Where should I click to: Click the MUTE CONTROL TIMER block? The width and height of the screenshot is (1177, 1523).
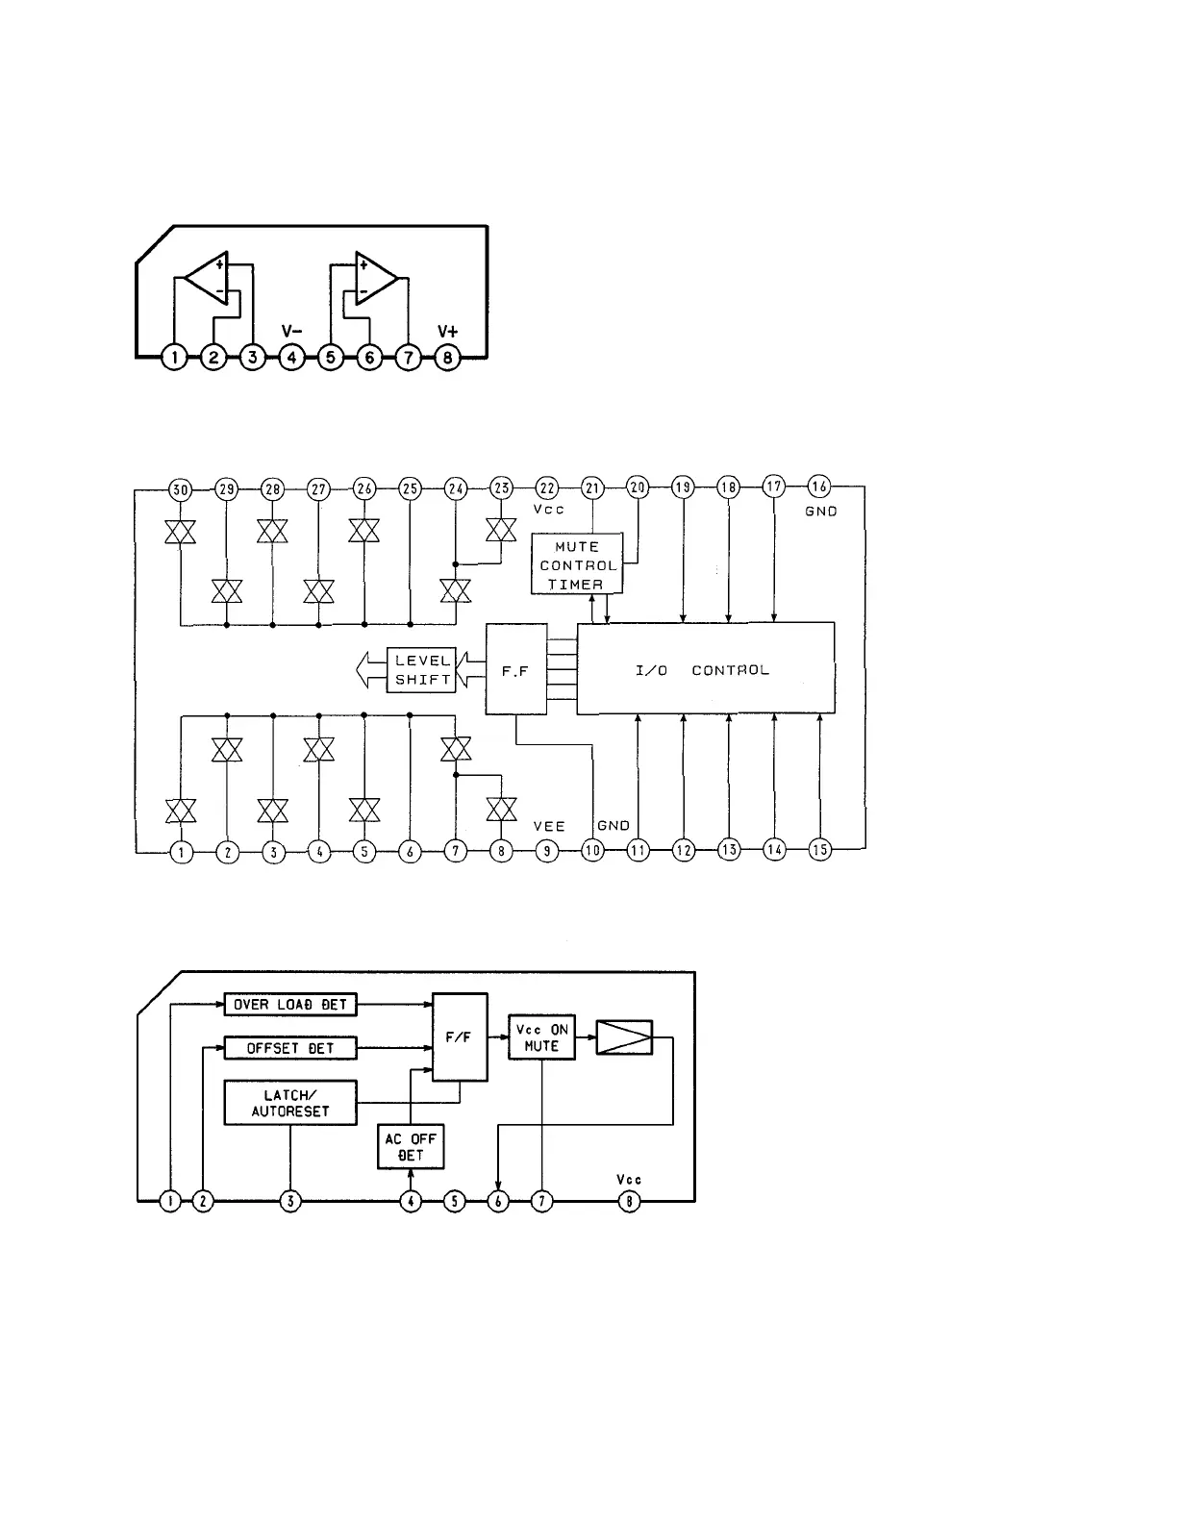[577, 564]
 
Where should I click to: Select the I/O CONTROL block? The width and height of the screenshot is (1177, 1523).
[705, 669]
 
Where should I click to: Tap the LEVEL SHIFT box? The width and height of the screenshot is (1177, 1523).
[422, 669]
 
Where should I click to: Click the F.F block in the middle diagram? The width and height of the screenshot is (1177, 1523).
[515, 669]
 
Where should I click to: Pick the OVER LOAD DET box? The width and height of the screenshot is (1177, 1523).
[290, 1005]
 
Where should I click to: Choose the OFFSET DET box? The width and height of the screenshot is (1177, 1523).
[290, 1048]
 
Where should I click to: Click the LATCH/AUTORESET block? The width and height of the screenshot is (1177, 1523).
[290, 1103]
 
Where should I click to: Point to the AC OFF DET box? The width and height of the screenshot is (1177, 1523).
[411, 1147]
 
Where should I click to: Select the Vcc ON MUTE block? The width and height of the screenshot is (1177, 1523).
[541, 1037]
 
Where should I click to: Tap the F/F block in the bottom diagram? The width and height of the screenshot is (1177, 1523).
[460, 1037]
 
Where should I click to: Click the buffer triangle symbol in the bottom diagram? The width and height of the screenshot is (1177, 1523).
[624, 1037]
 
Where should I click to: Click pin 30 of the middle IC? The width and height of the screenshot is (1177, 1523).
[180, 488]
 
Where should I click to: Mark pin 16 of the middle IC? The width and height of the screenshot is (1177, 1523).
[819, 487]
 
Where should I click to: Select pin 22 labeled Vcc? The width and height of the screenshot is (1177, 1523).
[546, 488]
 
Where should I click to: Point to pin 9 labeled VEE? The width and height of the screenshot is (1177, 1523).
[546, 851]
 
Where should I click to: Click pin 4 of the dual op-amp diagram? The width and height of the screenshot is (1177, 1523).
[291, 358]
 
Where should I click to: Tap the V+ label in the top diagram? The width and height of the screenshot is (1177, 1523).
[448, 332]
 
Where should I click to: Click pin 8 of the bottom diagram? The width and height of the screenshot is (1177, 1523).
[629, 1201]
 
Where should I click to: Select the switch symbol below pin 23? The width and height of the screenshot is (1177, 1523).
[501, 530]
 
